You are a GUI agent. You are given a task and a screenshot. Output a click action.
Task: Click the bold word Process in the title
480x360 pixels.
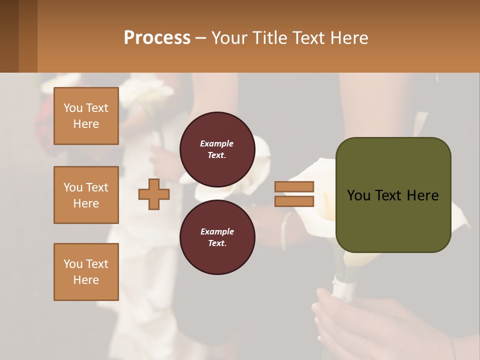click(x=157, y=38)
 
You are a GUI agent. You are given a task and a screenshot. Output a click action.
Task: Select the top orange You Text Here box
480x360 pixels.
click(x=86, y=116)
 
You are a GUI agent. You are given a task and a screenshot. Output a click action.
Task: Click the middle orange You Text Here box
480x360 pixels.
click(x=86, y=195)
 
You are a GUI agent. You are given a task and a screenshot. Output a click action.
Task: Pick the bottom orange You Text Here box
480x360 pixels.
click(x=86, y=271)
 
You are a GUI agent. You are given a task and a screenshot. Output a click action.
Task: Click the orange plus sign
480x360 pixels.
click(x=154, y=194)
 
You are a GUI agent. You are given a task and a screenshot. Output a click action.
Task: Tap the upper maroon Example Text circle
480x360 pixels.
click(x=217, y=149)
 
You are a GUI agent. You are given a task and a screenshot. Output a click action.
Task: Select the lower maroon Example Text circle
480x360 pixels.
click(x=217, y=237)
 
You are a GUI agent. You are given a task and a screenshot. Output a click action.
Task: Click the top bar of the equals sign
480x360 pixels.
click(x=294, y=187)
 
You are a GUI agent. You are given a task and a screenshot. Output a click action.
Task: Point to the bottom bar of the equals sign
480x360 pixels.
click(x=294, y=201)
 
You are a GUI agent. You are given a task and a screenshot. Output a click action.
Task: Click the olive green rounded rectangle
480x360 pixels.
click(x=393, y=220)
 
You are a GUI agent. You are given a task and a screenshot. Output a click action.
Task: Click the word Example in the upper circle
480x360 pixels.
click(x=217, y=143)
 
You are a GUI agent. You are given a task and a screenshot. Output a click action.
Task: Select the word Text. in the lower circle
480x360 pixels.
click(x=217, y=243)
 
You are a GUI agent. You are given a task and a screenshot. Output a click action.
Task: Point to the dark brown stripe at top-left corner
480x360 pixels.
click(x=9, y=36)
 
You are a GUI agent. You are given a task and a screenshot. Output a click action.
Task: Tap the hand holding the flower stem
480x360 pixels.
click(x=350, y=320)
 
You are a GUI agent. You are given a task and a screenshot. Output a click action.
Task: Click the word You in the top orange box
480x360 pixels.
click(x=73, y=108)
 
